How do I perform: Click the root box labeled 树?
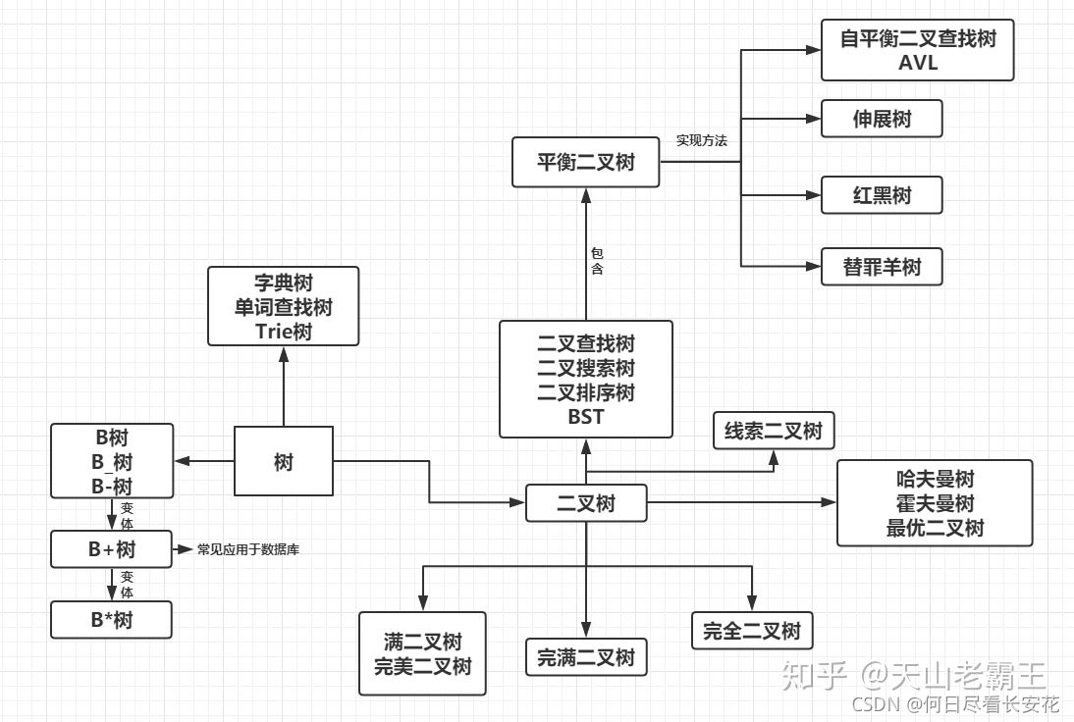(284, 461)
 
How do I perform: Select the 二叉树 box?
(586, 504)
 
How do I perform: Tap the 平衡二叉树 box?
(586, 162)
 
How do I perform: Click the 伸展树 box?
(882, 119)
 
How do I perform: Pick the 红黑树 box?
(882, 195)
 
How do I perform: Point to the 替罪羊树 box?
(882, 266)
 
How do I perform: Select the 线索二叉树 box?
(774, 432)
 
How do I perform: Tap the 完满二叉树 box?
(586, 657)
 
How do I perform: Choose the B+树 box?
(111, 549)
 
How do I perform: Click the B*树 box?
(111, 620)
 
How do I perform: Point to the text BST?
(586, 418)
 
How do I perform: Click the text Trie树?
(284, 332)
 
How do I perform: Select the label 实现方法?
(701, 141)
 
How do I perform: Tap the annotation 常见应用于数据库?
(248, 549)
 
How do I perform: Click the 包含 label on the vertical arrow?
(597, 260)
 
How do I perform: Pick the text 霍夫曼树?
(935, 503)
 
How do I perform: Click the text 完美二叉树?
(422, 666)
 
